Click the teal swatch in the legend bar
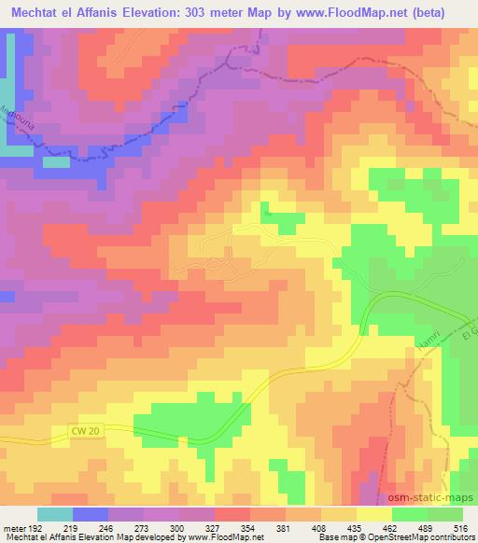click(55, 514)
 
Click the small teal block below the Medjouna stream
click(56, 161)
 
